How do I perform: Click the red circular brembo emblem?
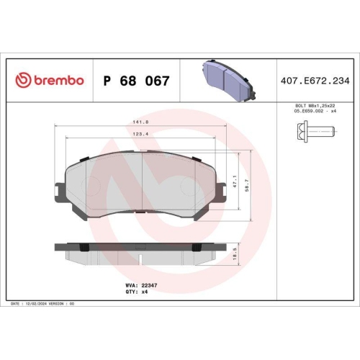click(x=20, y=80)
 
